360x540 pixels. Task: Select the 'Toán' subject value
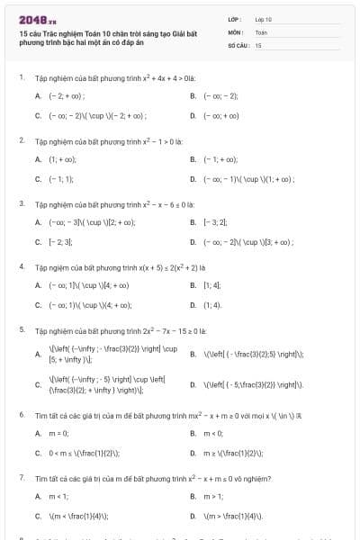click(262, 31)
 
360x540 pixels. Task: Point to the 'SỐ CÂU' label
click(237, 44)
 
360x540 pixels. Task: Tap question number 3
click(21, 204)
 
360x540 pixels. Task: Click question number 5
click(21, 330)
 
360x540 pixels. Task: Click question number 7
click(21, 478)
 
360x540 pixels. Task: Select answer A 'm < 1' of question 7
click(58, 496)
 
